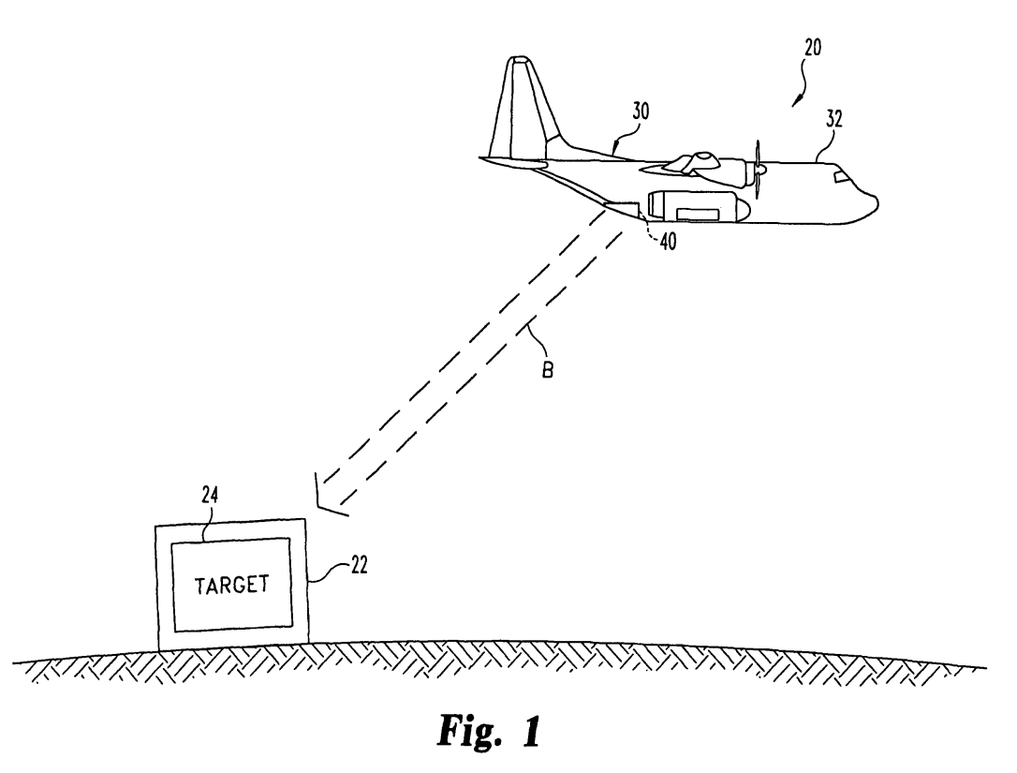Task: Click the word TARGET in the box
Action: [x=231, y=584]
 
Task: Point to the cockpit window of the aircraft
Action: [x=842, y=177]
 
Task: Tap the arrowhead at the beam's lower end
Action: [x=328, y=500]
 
